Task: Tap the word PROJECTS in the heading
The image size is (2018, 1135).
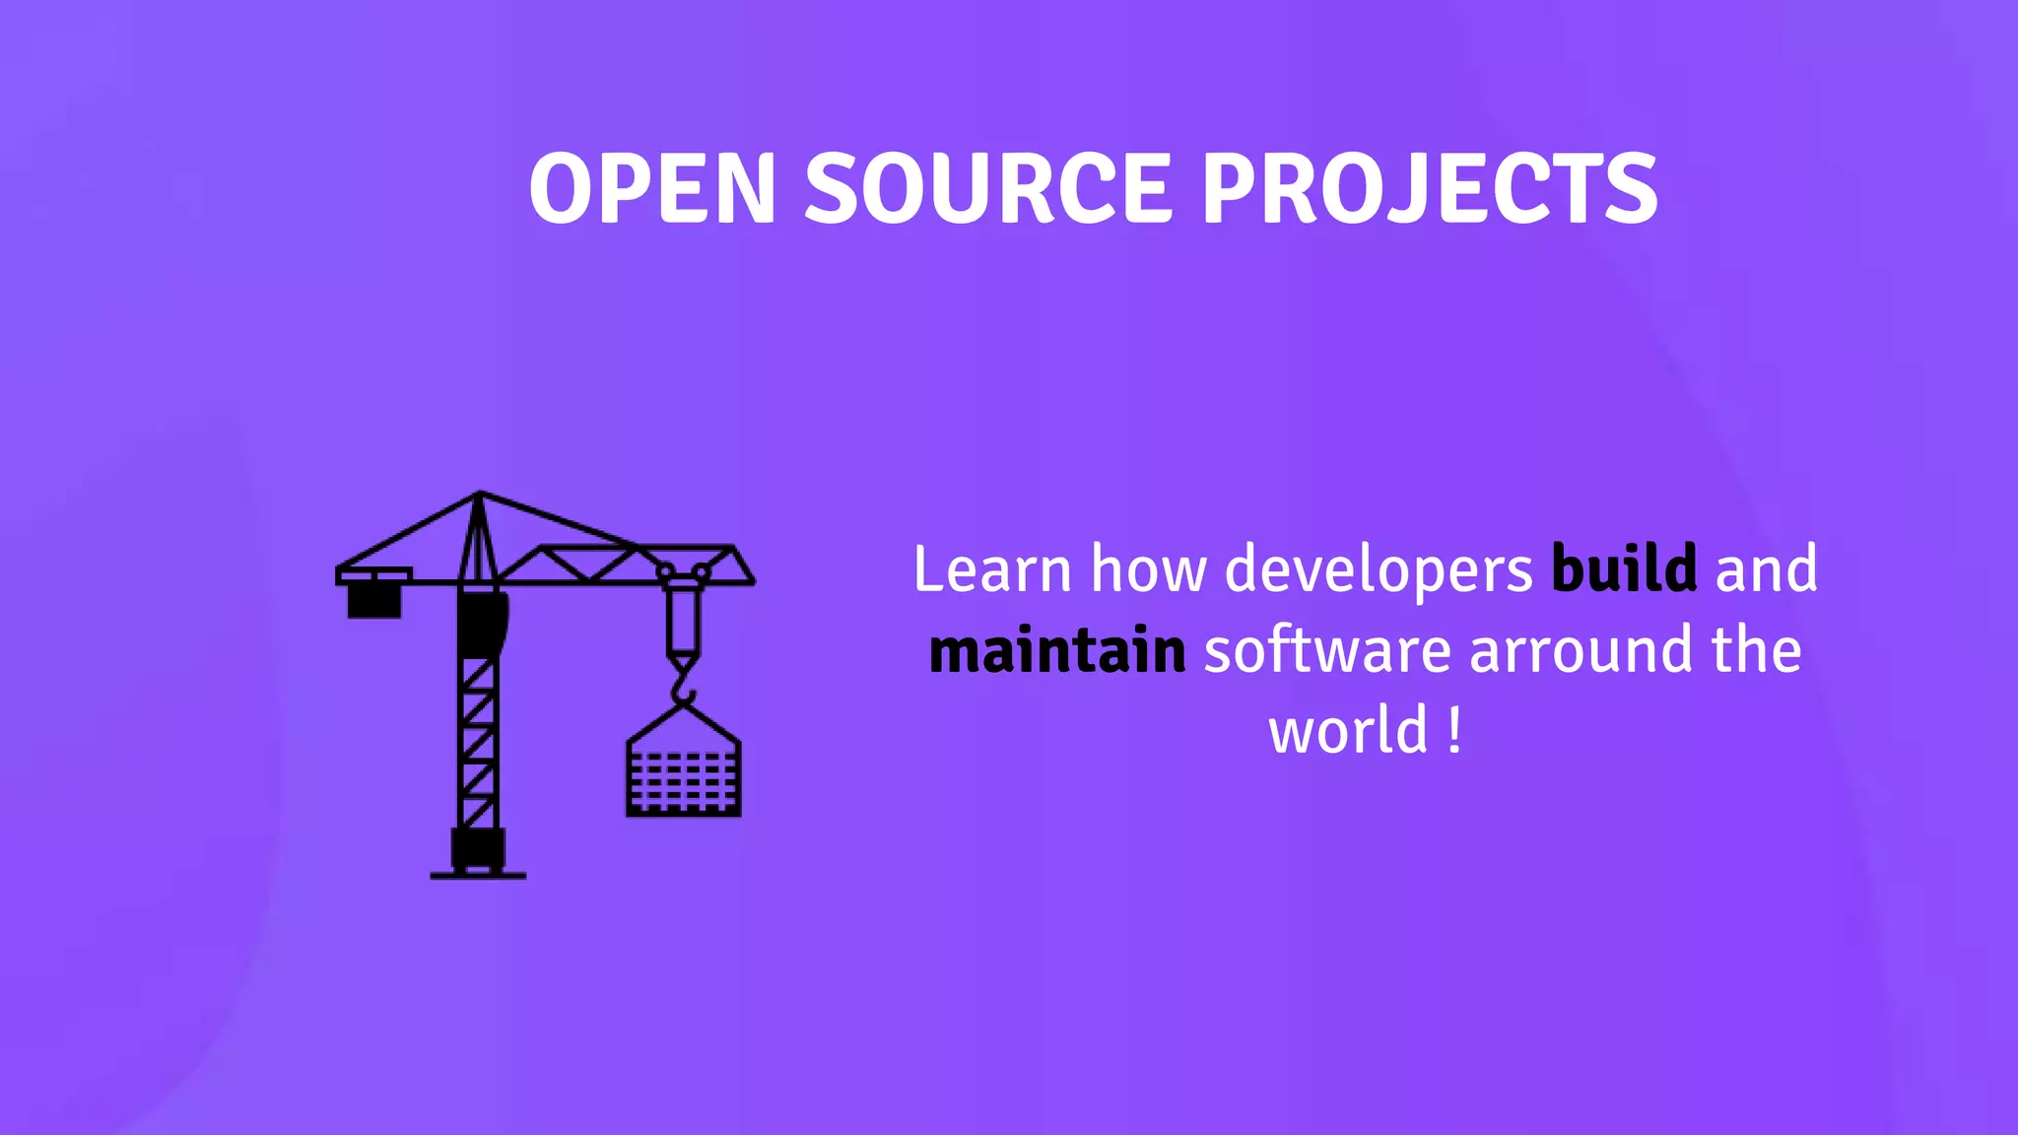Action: coord(1429,188)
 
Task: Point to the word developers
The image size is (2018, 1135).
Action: coord(1379,571)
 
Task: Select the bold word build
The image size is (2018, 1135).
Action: coord(1624,569)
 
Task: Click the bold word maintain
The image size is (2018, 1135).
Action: coord(1057,651)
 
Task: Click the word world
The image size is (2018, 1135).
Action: coord(1348,731)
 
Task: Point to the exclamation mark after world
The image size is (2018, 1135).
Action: coord(1455,731)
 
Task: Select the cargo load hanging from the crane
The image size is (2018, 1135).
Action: coord(684,778)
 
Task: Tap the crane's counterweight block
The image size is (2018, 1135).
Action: coord(374,600)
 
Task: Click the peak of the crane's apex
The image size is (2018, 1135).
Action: coord(480,494)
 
